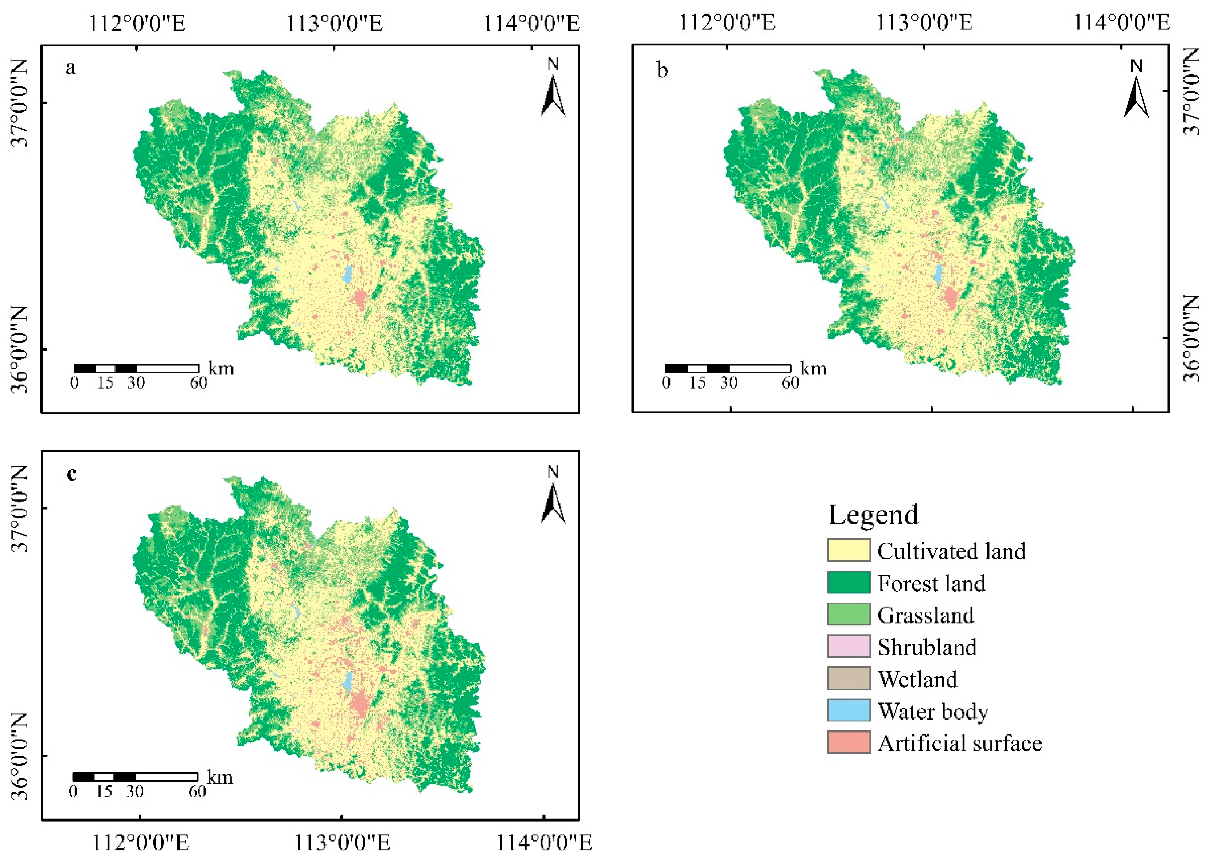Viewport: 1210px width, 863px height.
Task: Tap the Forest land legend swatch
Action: click(x=848, y=583)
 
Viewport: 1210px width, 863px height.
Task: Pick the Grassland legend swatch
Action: click(x=848, y=614)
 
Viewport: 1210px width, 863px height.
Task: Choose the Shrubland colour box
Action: click(x=848, y=646)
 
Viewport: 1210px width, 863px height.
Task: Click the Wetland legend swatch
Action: click(x=848, y=678)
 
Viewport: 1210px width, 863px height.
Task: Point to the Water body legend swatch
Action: click(x=848, y=710)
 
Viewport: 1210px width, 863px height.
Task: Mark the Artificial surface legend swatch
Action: click(x=848, y=742)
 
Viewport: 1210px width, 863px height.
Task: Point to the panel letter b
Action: click(x=662, y=70)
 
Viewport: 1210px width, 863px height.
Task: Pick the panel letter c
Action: click(x=71, y=474)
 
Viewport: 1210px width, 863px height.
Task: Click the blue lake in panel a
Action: click(x=348, y=275)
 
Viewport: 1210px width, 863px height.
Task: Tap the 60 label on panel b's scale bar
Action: click(x=790, y=382)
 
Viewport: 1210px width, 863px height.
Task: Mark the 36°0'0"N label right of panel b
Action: click(x=1193, y=339)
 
